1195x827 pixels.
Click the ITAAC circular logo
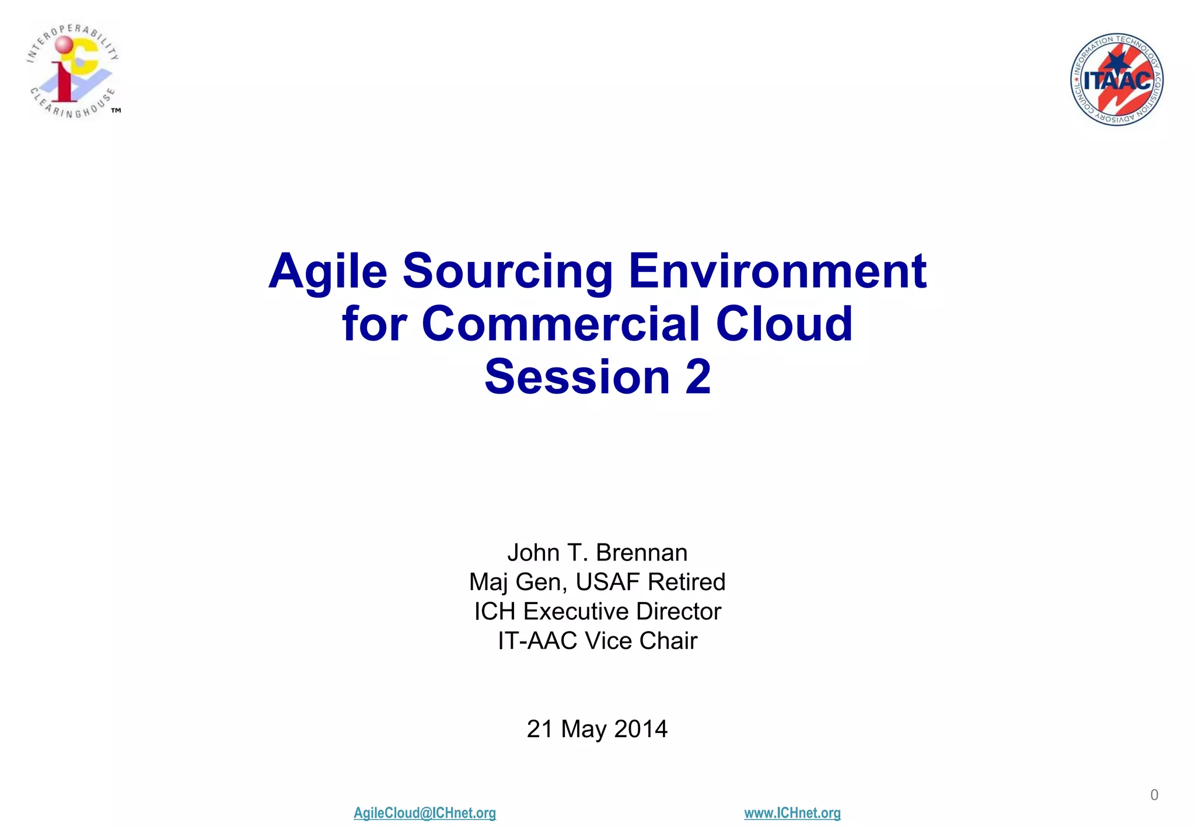(1116, 79)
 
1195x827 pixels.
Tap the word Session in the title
(576, 377)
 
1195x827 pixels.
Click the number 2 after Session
(698, 377)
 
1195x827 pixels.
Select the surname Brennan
(641, 553)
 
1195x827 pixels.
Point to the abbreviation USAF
(608, 582)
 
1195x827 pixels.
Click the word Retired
(687, 582)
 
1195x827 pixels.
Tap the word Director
(679, 612)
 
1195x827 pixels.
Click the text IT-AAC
(537, 641)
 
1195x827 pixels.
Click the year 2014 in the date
(641, 729)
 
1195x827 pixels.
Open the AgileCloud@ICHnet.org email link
(425, 813)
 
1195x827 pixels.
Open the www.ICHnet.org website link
(792, 813)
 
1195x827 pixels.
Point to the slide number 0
(1154, 795)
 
